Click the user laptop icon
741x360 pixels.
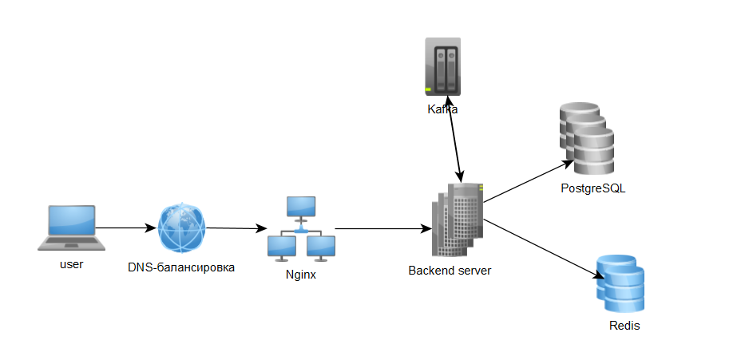point(71,227)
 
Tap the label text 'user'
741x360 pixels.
point(71,264)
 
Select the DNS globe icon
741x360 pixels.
point(181,227)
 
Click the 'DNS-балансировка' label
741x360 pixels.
point(181,267)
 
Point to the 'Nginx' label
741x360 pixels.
point(301,275)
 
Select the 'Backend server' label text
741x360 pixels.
point(450,271)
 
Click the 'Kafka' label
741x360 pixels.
point(442,109)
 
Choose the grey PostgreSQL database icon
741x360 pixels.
point(586,138)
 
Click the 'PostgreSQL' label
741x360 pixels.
point(592,189)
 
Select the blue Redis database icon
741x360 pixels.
point(620,283)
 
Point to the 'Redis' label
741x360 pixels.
point(624,326)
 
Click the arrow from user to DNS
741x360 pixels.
point(125,227)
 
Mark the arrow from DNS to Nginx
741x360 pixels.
point(236,228)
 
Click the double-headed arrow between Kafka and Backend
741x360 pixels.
point(453,144)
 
